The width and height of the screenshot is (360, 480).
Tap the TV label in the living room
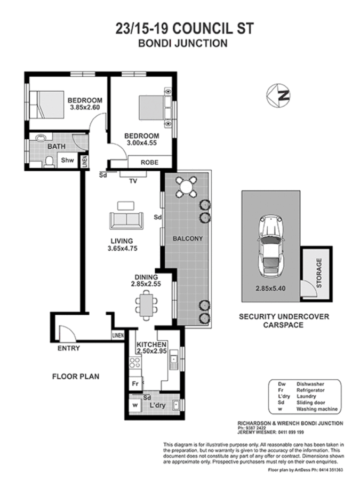[134, 180]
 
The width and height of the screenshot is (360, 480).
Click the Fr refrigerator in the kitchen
[135, 383]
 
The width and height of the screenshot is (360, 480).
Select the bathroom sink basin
[41, 138]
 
